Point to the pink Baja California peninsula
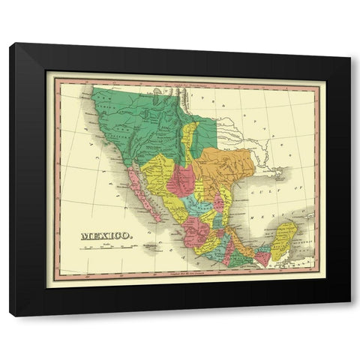142,195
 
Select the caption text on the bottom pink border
184,279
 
